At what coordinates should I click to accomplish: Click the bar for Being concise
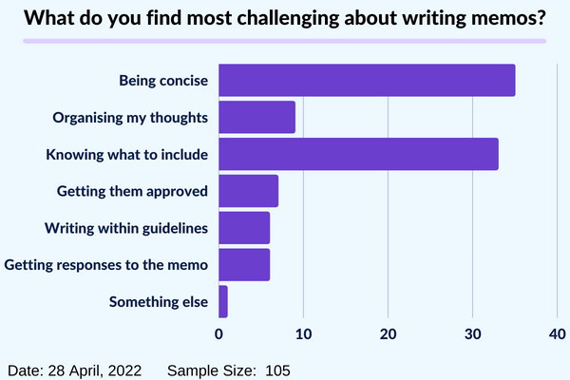367,80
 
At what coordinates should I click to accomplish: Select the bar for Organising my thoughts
257,117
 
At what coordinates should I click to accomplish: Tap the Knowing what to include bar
358,154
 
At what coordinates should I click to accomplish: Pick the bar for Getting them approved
249,191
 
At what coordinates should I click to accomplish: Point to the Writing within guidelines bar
244,228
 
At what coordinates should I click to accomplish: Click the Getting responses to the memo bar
244,265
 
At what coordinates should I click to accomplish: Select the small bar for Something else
223,302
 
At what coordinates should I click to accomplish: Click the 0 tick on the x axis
218,333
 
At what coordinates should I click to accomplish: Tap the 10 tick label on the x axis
303,333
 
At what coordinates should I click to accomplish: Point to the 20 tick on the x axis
388,333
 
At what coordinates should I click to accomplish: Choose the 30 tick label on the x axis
472,333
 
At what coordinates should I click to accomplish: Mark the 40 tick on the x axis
558,333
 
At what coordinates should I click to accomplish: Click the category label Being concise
163,81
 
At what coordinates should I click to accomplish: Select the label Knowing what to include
127,155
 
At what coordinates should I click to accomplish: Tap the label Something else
159,302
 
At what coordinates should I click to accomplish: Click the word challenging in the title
288,18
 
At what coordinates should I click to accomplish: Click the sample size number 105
277,370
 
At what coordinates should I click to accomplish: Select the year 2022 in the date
124,370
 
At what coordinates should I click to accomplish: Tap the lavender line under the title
285,41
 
